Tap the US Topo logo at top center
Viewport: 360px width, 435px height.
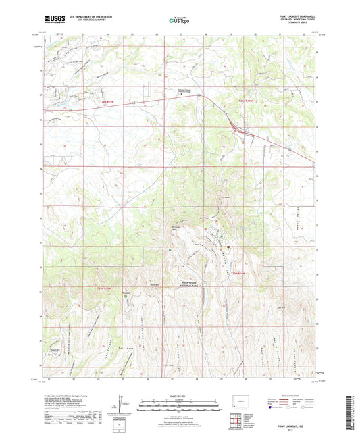pyautogui.click(x=179, y=20)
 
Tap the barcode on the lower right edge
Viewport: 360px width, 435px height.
pyautogui.click(x=353, y=409)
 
